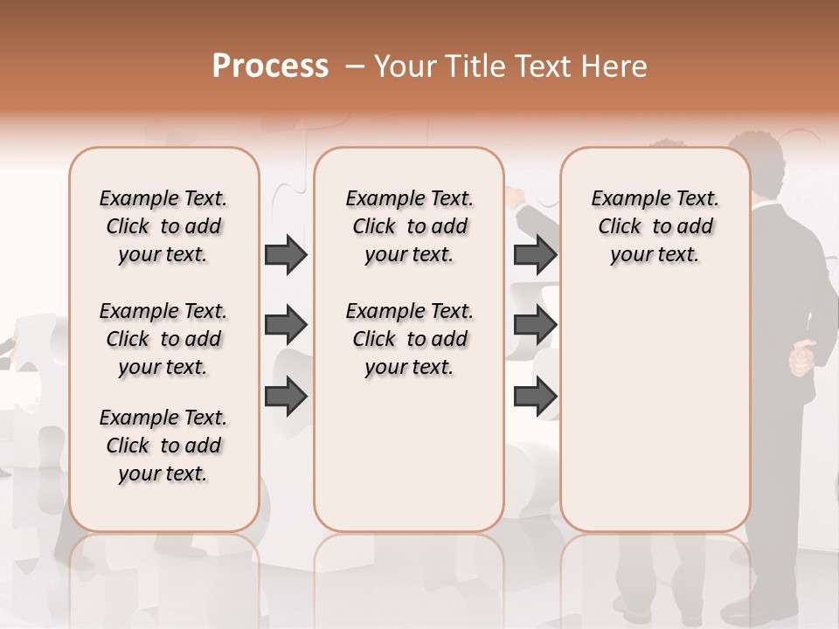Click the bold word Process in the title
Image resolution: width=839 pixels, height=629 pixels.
coord(270,66)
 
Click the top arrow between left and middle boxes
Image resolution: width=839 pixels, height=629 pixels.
coord(286,254)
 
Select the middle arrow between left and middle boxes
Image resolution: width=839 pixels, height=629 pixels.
coord(286,325)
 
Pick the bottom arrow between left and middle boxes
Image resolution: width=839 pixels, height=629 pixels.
coord(286,397)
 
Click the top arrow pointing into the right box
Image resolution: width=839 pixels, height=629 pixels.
coord(535,254)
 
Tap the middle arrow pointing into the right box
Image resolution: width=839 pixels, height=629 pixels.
coord(535,325)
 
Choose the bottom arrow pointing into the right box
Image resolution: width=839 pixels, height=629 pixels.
coord(535,397)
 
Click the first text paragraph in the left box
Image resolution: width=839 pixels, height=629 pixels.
coord(163,226)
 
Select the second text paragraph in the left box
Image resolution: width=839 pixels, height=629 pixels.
coord(163,339)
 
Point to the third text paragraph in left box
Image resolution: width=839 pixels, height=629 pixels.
coord(163,446)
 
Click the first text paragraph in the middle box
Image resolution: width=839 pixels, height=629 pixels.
coord(409,226)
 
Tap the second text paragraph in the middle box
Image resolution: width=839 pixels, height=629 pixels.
coord(409,339)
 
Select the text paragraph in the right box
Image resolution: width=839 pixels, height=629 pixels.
coord(655,226)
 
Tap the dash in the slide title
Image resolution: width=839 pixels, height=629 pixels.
coord(354,66)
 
